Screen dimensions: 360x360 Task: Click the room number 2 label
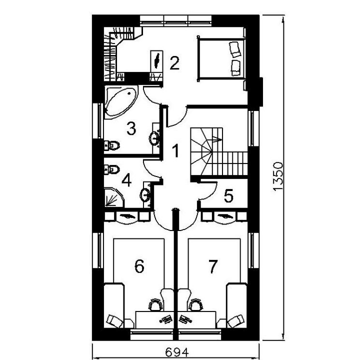[x=174, y=63]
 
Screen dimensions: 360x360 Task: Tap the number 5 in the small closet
[x=228, y=196]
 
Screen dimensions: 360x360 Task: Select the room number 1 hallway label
[x=175, y=151]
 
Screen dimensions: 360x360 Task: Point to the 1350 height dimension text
[x=278, y=176]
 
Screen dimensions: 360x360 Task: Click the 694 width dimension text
[x=177, y=352]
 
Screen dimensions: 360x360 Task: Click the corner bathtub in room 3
[x=121, y=102]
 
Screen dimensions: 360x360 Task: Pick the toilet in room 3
[x=112, y=145]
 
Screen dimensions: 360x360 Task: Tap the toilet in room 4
[x=112, y=169]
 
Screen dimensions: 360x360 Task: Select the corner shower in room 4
[x=114, y=197]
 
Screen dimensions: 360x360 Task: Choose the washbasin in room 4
[x=145, y=195]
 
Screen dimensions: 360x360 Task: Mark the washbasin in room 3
[x=155, y=138]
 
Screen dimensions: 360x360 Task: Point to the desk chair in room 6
[x=155, y=305]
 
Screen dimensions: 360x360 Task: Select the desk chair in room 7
[x=196, y=305]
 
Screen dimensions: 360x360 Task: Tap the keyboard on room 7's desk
[x=185, y=319]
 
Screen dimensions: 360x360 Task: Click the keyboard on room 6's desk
[x=166, y=319]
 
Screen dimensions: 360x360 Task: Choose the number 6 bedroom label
[x=139, y=266]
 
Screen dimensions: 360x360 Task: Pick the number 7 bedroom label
[x=213, y=266]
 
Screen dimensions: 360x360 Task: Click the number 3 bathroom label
[x=131, y=128]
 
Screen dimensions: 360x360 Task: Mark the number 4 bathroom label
[x=126, y=180]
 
